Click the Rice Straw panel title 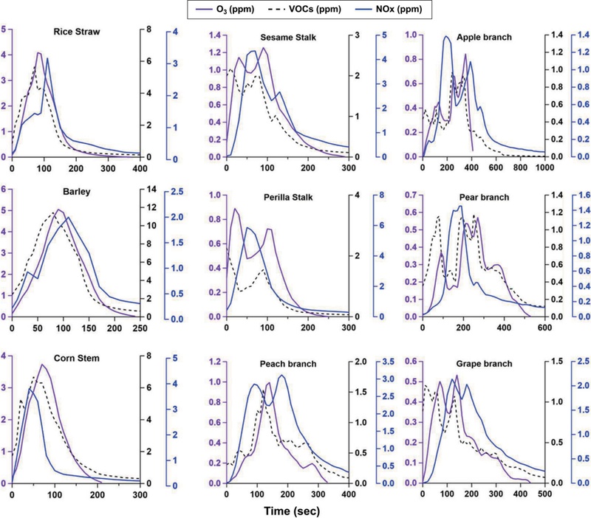(78, 32)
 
